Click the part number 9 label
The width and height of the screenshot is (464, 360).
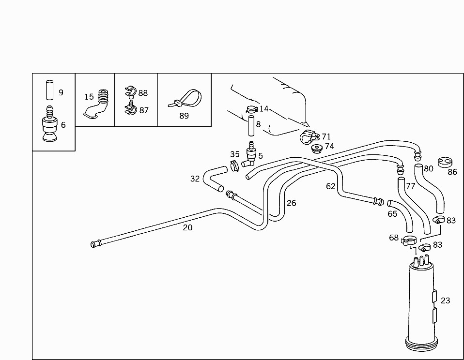(61, 92)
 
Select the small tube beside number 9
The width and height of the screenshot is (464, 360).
(50, 90)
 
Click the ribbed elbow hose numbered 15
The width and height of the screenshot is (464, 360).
(97, 104)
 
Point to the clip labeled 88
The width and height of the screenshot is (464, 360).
(130, 91)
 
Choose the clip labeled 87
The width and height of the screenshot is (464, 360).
(130, 108)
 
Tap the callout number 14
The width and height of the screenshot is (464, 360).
(263, 109)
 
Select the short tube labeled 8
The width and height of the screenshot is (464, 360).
(251, 126)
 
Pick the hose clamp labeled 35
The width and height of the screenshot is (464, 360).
(235, 165)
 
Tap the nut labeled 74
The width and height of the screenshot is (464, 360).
(317, 149)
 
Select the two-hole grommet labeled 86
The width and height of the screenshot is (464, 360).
(445, 162)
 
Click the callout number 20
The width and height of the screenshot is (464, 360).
(187, 227)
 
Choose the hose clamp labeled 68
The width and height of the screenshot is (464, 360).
(409, 240)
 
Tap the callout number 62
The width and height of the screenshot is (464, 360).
(330, 186)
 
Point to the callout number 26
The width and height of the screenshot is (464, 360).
(291, 203)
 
